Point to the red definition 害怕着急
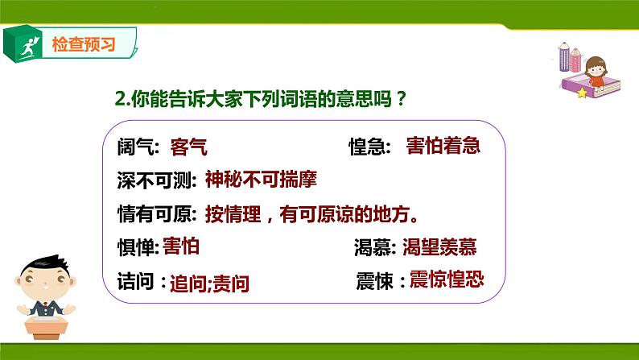pyautogui.click(x=444, y=146)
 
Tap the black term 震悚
pyautogui.click(x=374, y=282)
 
